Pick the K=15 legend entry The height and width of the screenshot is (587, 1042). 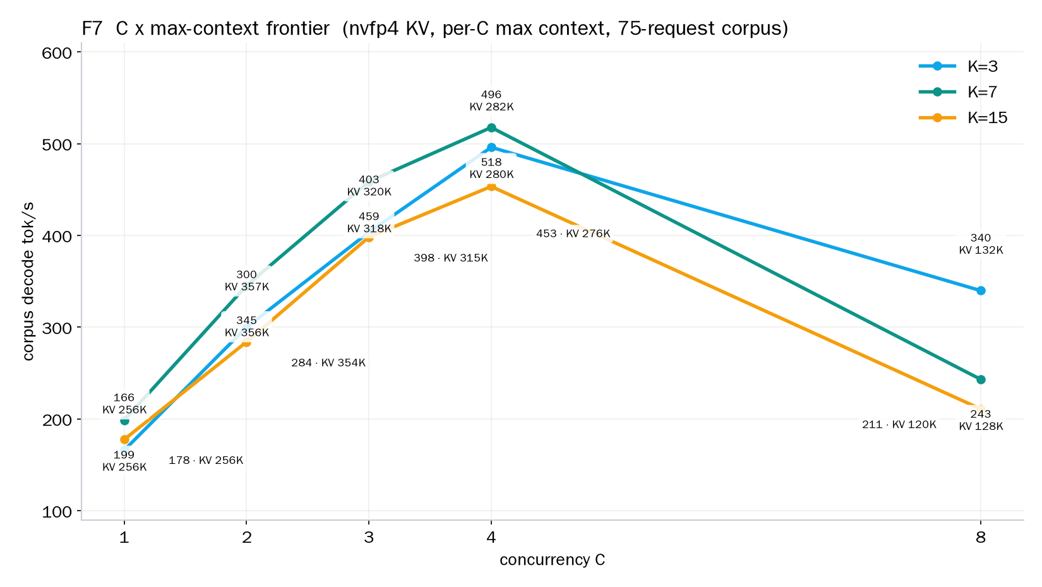pyautogui.click(x=963, y=117)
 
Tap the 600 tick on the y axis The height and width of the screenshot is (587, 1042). pyautogui.click(x=57, y=53)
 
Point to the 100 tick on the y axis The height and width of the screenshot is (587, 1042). pyautogui.click(x=57, y=512)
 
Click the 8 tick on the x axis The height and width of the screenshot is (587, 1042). pyautogui.click(x=981, y=538)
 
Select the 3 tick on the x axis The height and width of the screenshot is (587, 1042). pyautogui.click(x=369, y=538)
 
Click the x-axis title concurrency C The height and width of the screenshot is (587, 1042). pyautogui.click(x=552, y=560)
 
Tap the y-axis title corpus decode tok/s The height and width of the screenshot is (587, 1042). pyautogui.click(x=28, y=282)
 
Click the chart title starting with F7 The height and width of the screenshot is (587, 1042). pyautogui.click(x=435, y=29)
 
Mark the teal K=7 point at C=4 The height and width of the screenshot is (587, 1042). pyautogui.click(x=491, y=127)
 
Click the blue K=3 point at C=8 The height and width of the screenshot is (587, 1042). pyautogui.click(x=981, y=291)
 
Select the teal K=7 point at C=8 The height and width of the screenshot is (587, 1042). pyautogui.click(x=981, y=380)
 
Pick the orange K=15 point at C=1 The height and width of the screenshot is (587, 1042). pyautogui.click(x=124, y=440)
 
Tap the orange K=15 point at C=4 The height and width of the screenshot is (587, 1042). pyautogui.click(x=491, y=187)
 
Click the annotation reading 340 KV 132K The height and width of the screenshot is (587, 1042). pyautogui.click(x=981, y=244)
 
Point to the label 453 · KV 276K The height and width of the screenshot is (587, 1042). pyautogui.click(x=573, y=234)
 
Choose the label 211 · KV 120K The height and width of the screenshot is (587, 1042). pyautogui.click(x=899, y=424)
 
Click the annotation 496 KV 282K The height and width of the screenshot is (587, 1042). pyautogui.click(x=491, y=101)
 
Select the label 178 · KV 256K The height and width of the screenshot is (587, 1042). pyautogui.click(x=206, y=460)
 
